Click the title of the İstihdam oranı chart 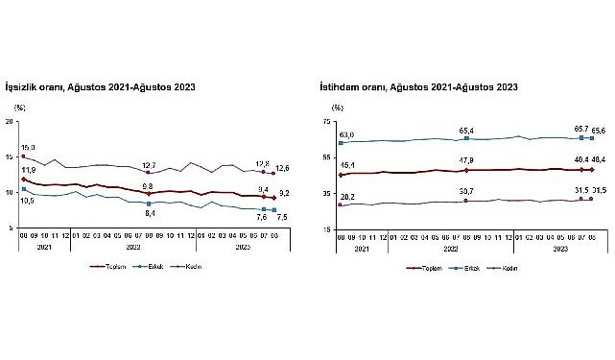coord(418,87)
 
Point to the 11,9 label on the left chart coord(28,170)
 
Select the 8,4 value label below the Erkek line coord(149,214)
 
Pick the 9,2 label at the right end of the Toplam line coord(284,194)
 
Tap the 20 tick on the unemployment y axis coord(10,122)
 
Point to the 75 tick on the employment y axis coord(325,122)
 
